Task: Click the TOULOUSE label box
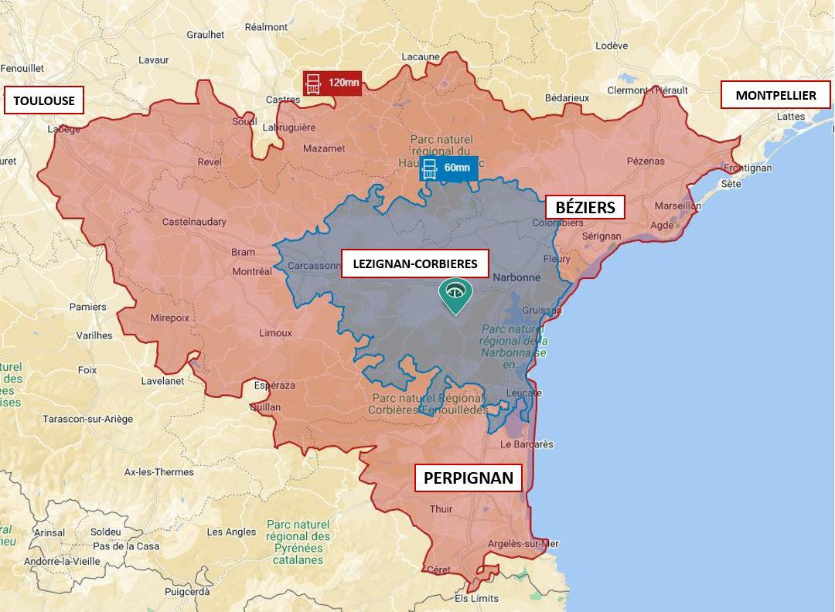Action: [43, 100]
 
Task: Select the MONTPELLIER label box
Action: [775, 96]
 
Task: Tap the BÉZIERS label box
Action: [585, 207]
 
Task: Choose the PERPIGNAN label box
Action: [469, 478]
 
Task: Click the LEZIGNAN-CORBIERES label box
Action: [414, 263]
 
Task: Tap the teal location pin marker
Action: [455, 294]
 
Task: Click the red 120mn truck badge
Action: [332, 83]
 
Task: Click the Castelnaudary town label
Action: [194, 222]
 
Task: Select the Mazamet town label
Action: [324, 148]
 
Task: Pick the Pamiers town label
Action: [88, 307]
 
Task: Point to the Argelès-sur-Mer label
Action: [523, 544]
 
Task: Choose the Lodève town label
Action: [612, 46]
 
